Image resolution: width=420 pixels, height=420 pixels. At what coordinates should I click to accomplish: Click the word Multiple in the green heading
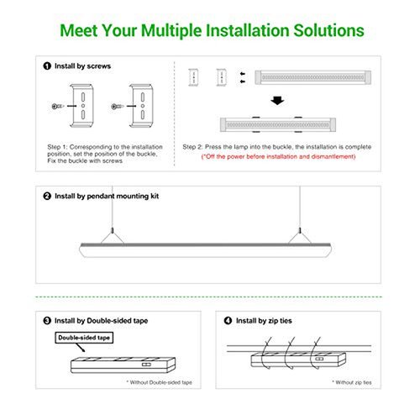(x=171, y=31)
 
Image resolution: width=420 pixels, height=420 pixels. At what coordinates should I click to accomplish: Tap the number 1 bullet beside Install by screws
(x=47, y=66)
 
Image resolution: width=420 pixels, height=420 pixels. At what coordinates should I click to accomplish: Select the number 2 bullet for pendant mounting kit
(x=47, y=196)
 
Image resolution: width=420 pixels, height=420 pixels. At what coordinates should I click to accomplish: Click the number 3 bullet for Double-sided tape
(x=47, y=321)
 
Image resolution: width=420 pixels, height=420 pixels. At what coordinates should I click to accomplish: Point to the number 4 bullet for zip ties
(x=228, y=321)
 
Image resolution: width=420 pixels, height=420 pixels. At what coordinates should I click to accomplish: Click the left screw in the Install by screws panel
(x=58, y=106)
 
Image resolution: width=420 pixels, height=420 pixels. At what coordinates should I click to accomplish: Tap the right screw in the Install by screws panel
(x=118, y=107)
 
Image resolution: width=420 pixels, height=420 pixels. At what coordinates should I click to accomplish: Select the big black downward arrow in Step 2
(x=277, y=101)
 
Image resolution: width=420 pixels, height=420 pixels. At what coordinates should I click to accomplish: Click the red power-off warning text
(x=278, y=156)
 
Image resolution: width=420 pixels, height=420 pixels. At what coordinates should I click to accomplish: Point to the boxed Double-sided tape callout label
(x=84, y=338)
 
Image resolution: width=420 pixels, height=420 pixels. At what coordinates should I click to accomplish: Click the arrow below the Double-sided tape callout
(x=81, y=348)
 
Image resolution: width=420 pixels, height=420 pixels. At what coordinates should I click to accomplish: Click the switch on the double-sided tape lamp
(x=146, y=365)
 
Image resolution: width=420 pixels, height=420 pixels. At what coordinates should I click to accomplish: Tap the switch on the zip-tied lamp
(x=319, y=359)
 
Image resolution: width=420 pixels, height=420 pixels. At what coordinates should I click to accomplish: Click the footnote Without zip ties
(x=352, y=382)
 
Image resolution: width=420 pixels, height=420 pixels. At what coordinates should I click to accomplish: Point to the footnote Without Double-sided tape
(x=159, y=382)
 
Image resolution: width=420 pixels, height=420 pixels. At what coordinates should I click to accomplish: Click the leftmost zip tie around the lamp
(x=265, y=353)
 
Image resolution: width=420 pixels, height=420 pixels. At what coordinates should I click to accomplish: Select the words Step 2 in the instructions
(x=192, y=147)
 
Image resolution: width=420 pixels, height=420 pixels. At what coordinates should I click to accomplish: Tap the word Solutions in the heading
(x=328, y=30)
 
